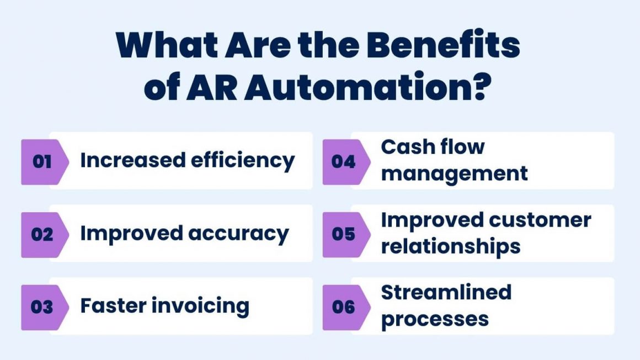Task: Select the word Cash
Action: tap(405, 147)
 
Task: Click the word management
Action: tap(454, 174)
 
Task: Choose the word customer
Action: tap(539, 220)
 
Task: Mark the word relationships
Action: tap(450, 246)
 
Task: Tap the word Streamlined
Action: tap(446, 292)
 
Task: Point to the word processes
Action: tap(435, 319)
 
